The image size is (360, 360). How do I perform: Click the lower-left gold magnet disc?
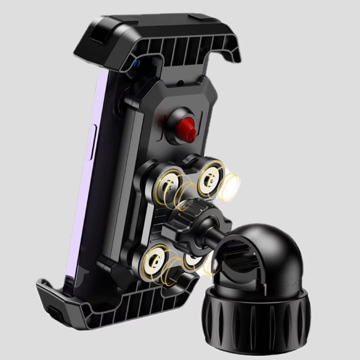click(x=154, y=264)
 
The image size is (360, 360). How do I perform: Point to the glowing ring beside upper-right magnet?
click(x=230, y=187)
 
